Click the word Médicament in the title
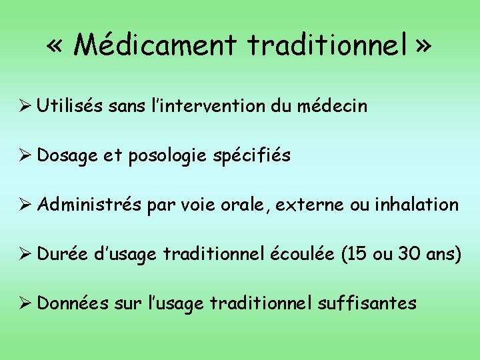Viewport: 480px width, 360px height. click(x=155, y=45)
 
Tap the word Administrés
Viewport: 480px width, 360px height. click(x=87, y=205)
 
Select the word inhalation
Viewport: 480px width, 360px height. click(x=418, y=205)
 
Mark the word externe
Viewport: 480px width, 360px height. click(x=309, y=205)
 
